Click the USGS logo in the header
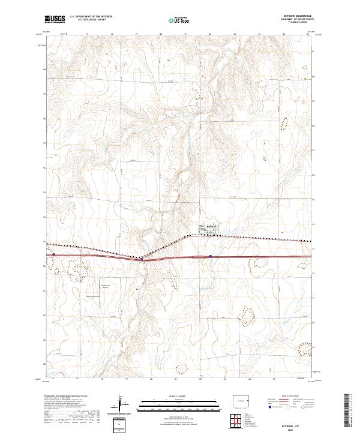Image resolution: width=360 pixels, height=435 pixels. (55, 19)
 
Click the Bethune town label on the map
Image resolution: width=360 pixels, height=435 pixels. (211, 226)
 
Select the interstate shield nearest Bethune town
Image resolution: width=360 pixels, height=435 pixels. (211, 256)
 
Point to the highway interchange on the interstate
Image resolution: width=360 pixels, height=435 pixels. (144, 259)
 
